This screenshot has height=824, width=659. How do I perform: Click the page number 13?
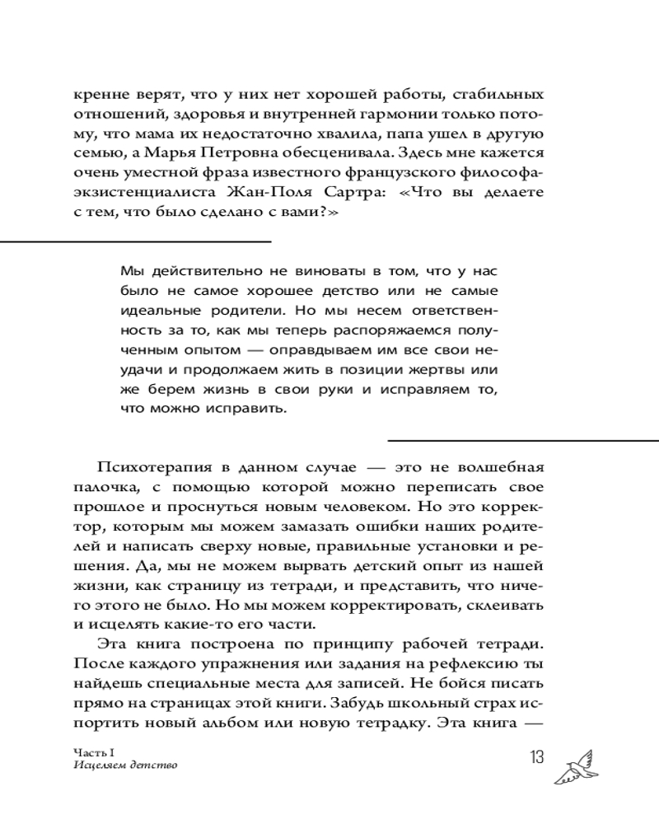tap(534, 756)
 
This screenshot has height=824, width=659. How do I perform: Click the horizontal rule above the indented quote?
tap(136, 241)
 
